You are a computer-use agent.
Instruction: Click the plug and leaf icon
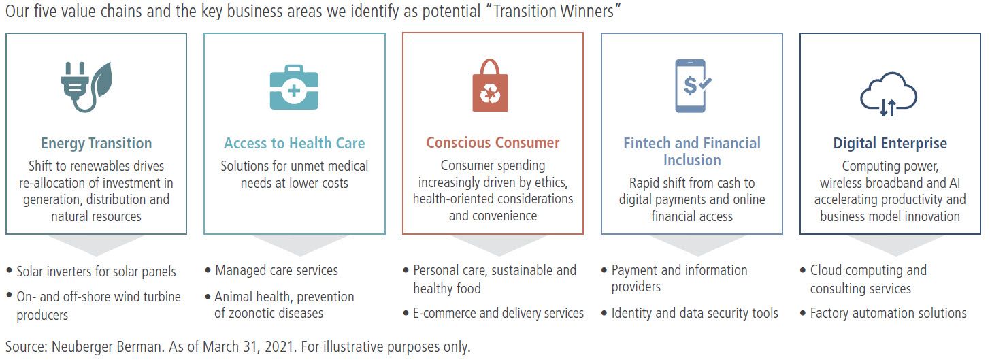pos(86,86)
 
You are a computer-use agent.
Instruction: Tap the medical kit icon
pos(294,87)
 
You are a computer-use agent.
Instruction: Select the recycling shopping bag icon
pos(490,85)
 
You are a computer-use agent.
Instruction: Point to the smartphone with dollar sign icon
pos(693,86)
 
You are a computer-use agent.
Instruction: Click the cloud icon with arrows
pos(889,94)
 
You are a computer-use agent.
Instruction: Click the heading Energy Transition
pos(97,144)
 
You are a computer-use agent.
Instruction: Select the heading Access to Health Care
pos(295,144)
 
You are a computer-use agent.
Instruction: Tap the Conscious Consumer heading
pos(493,142)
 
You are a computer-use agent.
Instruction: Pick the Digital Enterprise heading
pos(890,144)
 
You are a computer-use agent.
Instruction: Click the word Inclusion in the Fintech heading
pos(692,160)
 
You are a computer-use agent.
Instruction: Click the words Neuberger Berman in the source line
pos(106,347)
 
